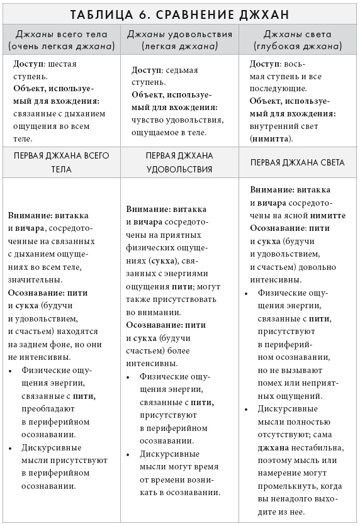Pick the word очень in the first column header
[26, 47]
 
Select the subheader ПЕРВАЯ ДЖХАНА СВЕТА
[297, 162]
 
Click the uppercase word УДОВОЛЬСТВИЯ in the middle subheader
[179, 169]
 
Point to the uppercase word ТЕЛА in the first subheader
[61, 169]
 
